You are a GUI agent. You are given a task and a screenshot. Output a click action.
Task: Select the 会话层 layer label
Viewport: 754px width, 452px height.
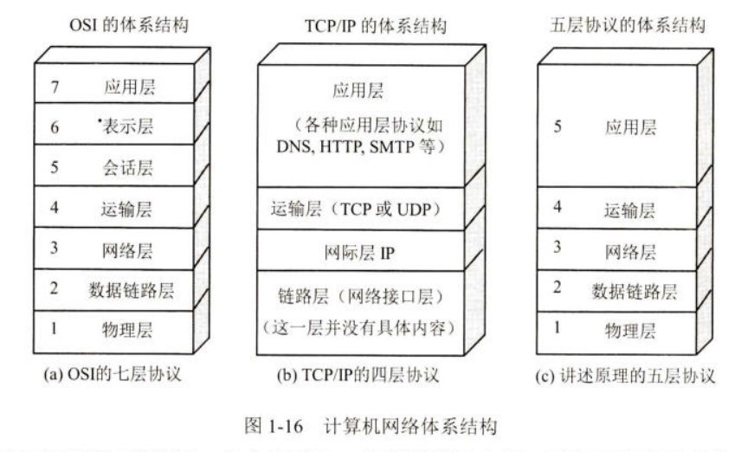click(126, 167)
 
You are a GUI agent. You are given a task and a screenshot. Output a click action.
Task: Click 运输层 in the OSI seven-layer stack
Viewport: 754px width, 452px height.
click(126, 209)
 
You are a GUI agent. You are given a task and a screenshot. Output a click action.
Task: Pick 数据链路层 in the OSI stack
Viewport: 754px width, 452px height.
click(131, 290)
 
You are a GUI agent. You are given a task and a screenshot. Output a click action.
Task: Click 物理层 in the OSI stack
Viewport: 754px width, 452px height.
click(126, 331)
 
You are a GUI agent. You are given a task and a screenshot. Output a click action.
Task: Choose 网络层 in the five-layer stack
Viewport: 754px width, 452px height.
click(629, 251)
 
